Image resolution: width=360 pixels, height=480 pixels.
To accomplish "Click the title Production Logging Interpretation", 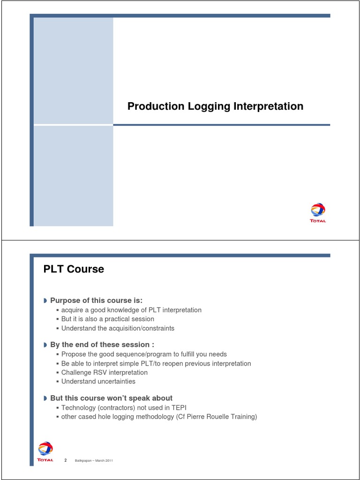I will point(215,106).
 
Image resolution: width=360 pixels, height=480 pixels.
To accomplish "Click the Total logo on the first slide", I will point(318,212).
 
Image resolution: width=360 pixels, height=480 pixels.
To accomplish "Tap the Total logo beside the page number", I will point(45,451).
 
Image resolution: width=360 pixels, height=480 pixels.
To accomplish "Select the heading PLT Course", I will point(74,269).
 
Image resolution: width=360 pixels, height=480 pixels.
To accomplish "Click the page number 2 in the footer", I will point(66,460).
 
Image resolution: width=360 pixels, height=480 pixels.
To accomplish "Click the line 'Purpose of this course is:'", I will point(96,300).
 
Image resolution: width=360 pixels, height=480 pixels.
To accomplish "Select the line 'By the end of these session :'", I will point(102,345).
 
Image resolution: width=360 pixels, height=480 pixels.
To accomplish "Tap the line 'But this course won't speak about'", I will point(111,398).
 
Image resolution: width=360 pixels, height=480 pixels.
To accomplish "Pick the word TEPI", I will point(183,408).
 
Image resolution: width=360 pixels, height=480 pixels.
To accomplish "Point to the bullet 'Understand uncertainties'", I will point(98,382).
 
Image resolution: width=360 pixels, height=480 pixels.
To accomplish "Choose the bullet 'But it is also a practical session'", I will point(108,319).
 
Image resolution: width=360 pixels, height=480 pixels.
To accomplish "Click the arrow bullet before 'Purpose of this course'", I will point(45,300).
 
